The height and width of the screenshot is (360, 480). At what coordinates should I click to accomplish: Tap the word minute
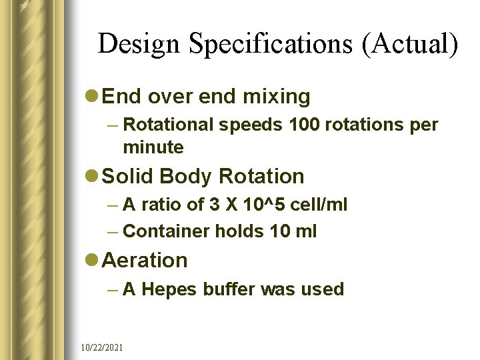[153, 146]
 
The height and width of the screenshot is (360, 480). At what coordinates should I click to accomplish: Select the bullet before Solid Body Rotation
[93, 177]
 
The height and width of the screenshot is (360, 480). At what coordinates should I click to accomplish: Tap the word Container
[166, 231]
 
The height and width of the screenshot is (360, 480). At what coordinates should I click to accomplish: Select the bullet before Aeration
[93, 261]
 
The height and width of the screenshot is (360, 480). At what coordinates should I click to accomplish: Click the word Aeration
[146, 261]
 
